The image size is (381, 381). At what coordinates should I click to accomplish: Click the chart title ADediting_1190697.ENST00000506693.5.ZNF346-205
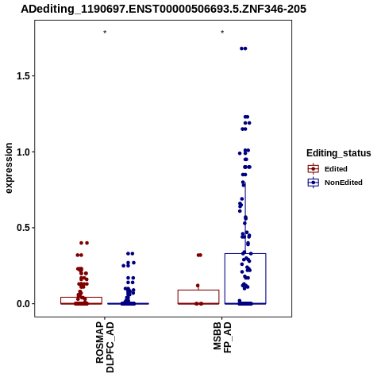pyautogui.click(x=164, y=9)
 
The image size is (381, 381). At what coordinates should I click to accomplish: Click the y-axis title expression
pyautogui.click(x=9, y=168)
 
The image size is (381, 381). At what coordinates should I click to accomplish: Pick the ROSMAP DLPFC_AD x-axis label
pyautogui.click(x=105, y=347)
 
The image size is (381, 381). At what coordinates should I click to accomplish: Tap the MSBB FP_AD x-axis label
pyautogui.click(x=222, y=337)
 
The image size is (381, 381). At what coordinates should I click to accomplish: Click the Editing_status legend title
pyautogui.click(x=339, y=153)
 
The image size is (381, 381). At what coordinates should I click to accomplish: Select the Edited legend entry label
pyautogui.click(x=336, y=169)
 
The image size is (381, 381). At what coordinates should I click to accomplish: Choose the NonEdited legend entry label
pyautogui.click(x=344, y=183)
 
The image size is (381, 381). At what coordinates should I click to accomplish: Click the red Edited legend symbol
pyautogui.click(x=314, y=169)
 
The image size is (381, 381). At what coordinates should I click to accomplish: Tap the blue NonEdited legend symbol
pyautogui.click(x=314, y=183)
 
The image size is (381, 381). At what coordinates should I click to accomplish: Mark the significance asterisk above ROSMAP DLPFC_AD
pyautogui.click(x=105, y=33)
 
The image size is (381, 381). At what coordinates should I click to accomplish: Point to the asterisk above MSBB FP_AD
pyautogui.click(x=222, y=33)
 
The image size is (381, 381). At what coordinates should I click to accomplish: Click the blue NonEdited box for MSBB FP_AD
pyautogui.click(x=245, y=253)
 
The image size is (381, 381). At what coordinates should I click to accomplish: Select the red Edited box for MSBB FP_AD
pyautogui.click(x=198, y=291)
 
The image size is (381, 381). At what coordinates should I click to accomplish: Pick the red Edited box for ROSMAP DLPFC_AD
pyautogui.click(x=81, y=298)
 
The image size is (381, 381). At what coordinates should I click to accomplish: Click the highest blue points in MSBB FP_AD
pyautogui.click(x=244, y=48)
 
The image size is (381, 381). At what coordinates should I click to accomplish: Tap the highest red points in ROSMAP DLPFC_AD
pyautogui.click(x=84, y=243)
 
